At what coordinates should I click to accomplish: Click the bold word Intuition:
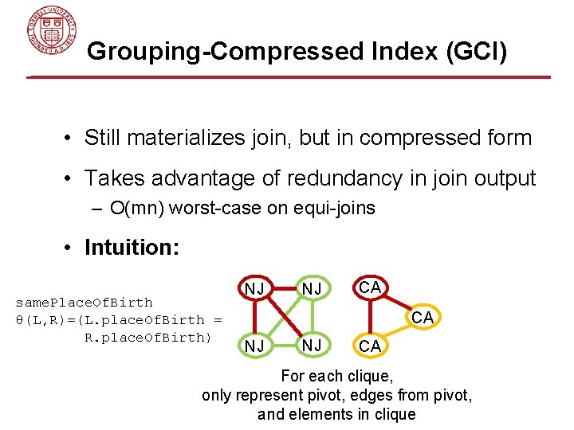coord(132,248)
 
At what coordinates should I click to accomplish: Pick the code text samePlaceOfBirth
coord(85,303)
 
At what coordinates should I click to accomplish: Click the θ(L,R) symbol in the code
coord(37,320)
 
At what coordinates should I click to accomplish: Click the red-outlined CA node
coord(368,286)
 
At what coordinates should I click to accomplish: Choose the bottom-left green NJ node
coord(255,346)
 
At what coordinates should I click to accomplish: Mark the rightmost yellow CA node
coord(423,318)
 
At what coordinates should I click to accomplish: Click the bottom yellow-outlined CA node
coord(369,346)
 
